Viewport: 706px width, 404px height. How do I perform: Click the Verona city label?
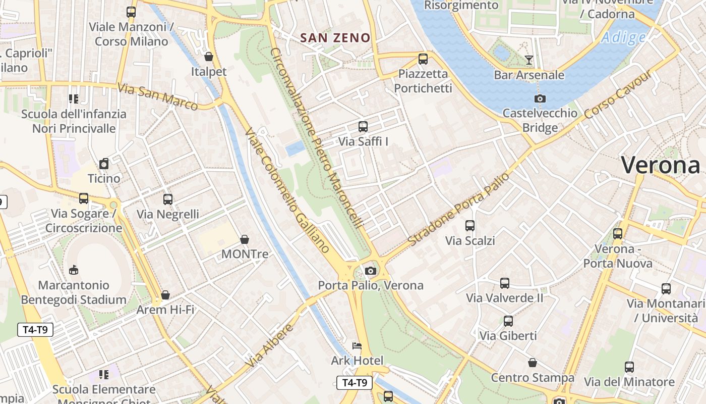tap(660, 165)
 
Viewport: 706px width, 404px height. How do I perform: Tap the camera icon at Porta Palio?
tap(371, 271)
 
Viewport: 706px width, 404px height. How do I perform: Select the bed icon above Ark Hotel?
tap(357, 346)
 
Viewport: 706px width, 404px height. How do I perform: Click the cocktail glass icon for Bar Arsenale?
tap(528, 60)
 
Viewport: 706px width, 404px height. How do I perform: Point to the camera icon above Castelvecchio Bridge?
tap(540, 98)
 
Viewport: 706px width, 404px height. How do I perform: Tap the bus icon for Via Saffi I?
tap(363, 127)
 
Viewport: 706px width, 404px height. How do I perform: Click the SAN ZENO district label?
tap(335, 38)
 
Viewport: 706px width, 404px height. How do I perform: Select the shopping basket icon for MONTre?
tap(245, 239)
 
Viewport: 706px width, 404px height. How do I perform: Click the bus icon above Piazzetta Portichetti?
tap(423, 59)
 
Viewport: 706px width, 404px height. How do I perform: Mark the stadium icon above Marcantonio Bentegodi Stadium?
tap(74, 270)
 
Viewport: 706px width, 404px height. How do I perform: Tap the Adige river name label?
tap(623, 38)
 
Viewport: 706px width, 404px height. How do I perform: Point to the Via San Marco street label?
tap(157, 96)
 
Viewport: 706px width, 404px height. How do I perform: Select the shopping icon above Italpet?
tap(209, 57)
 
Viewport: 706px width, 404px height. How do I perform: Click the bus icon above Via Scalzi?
tap(470, 226)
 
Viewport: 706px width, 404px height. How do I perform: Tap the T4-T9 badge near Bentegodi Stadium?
tap(35, 330)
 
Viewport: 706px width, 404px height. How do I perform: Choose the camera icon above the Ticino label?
tap(104, 164)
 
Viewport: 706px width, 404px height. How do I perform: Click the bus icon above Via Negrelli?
tap(168, 199)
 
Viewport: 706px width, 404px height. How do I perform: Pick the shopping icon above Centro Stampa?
tap(533, 363)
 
